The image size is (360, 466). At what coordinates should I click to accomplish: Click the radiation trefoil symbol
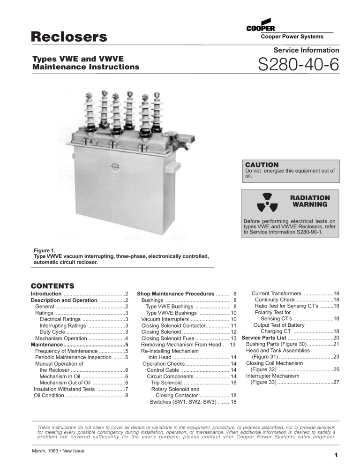(264, 203)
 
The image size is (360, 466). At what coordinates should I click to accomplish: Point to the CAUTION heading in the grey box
(262, 165)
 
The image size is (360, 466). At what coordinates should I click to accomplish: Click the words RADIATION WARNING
(310, 201)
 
